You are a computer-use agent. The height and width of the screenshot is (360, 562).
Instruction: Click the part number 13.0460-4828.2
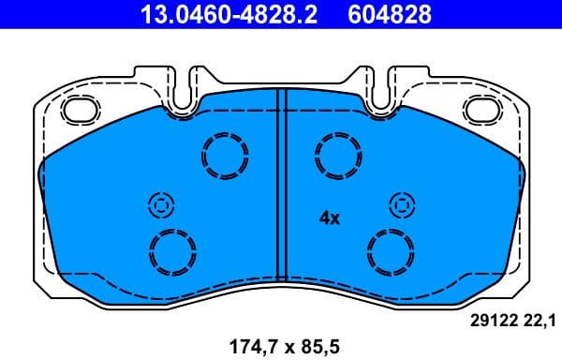coord(216,14)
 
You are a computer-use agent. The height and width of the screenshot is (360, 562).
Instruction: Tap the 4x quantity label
coord(329,217)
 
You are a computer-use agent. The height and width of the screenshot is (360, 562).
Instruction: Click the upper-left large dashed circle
coord(225,155)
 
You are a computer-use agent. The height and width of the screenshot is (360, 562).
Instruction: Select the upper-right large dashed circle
coord(337,155)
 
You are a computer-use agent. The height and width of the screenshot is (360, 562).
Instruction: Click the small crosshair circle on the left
coord(160,204)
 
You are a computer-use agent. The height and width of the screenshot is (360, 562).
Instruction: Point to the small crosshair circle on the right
coord(401,204)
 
